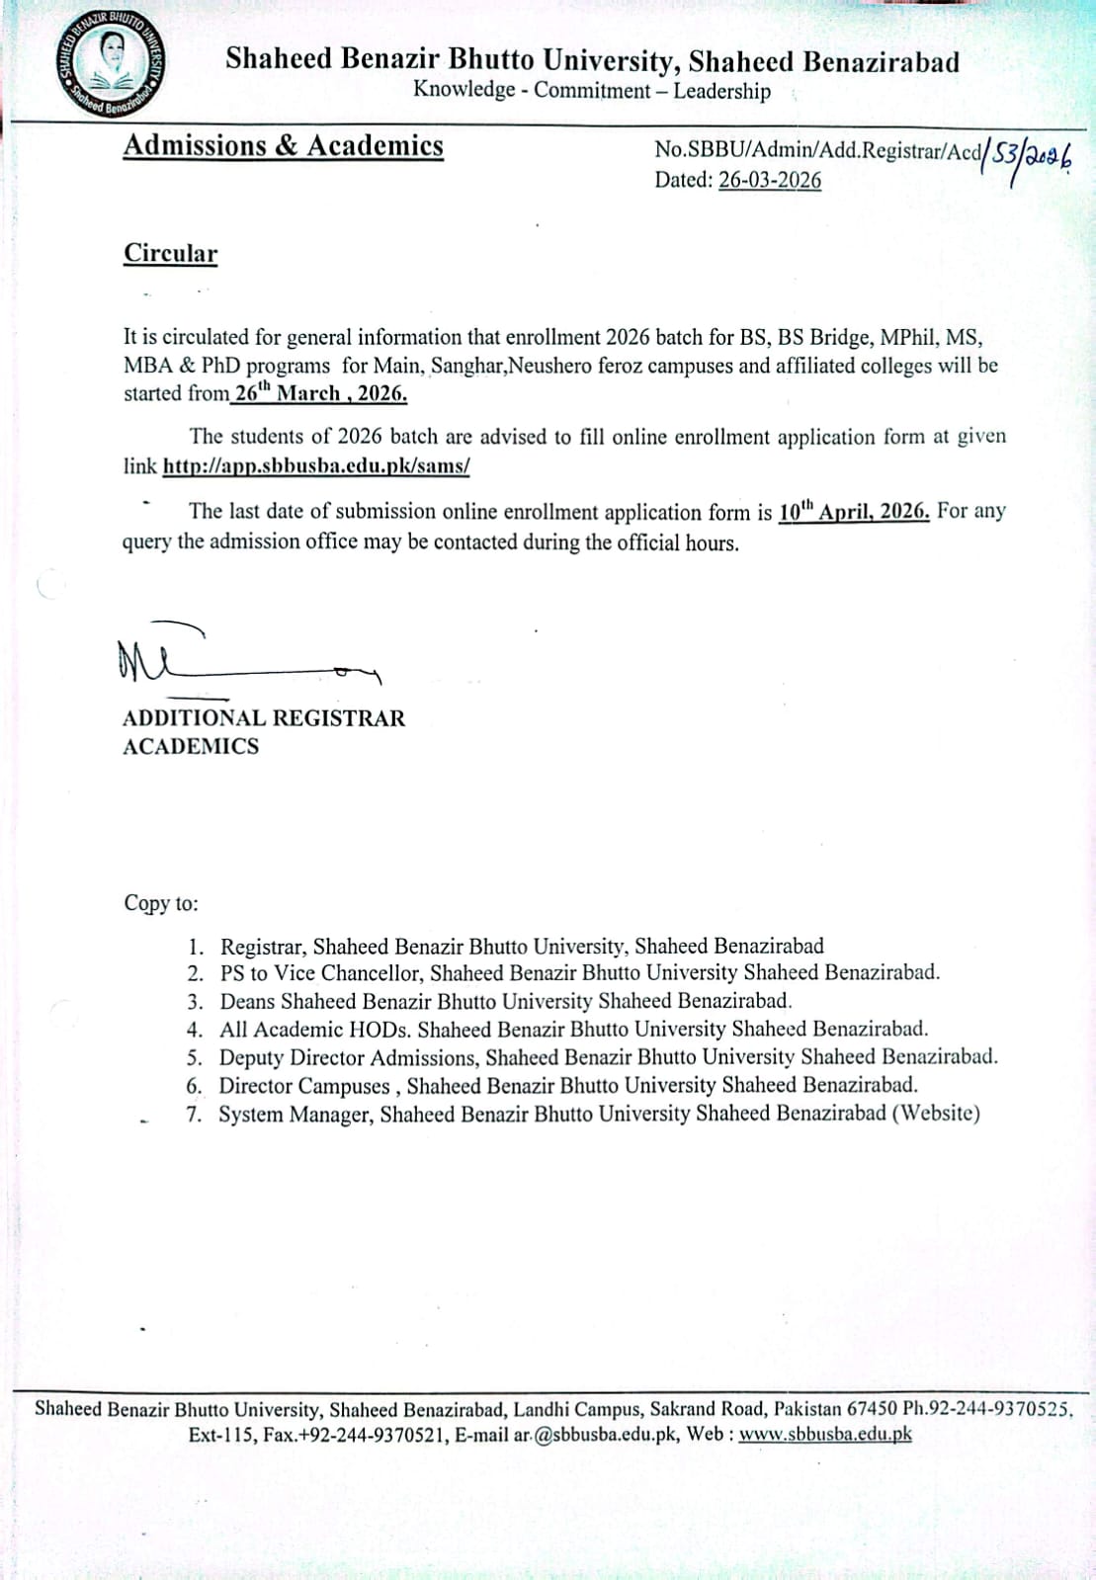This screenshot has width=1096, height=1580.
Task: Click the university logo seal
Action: (111, 65)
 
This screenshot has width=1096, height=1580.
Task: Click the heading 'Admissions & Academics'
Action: (283, 146)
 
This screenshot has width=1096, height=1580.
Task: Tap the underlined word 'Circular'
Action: (170, 253)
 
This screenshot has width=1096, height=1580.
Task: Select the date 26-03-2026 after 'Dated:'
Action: (769, 180)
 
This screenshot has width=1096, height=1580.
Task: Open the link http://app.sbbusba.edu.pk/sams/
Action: (315, 465)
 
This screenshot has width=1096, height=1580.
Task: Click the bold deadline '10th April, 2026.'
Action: (854, 512)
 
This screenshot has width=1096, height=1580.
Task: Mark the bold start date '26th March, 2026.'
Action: (320, 393)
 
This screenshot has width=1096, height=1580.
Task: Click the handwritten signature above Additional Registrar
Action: (247, 658)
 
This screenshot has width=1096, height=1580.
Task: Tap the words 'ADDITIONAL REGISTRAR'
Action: (264, 718)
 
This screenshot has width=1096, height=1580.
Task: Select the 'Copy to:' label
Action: (161, 903)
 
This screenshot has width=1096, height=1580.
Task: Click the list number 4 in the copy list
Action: (195, 1030)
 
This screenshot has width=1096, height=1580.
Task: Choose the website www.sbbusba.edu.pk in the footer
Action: (824, 1435)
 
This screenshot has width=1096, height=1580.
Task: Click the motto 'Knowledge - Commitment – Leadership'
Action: (591, 91)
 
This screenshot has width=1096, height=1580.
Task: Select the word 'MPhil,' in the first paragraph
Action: (906, 337)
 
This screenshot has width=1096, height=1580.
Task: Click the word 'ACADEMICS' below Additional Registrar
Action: (191, 747)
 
